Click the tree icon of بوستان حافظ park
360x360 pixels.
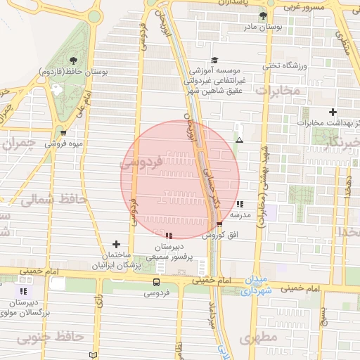click(75, 59)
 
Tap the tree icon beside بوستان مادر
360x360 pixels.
click(263, 15)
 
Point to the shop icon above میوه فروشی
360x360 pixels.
click(64, 131)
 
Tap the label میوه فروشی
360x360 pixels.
click(64, 144)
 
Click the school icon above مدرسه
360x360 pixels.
click(241, 204)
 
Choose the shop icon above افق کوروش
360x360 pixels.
click(219, 224)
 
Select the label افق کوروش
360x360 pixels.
click(219, 236)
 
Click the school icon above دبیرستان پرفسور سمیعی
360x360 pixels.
click(169, 235)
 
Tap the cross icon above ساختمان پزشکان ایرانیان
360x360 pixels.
click(116, 244)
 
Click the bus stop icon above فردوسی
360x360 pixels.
click(156, 282)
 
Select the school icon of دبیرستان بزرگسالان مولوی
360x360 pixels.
click(24, 290)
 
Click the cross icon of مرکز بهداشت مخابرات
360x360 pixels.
click(333, 112)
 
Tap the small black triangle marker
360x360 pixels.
click(240, 140)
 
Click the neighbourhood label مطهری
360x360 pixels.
click(256, 339)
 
